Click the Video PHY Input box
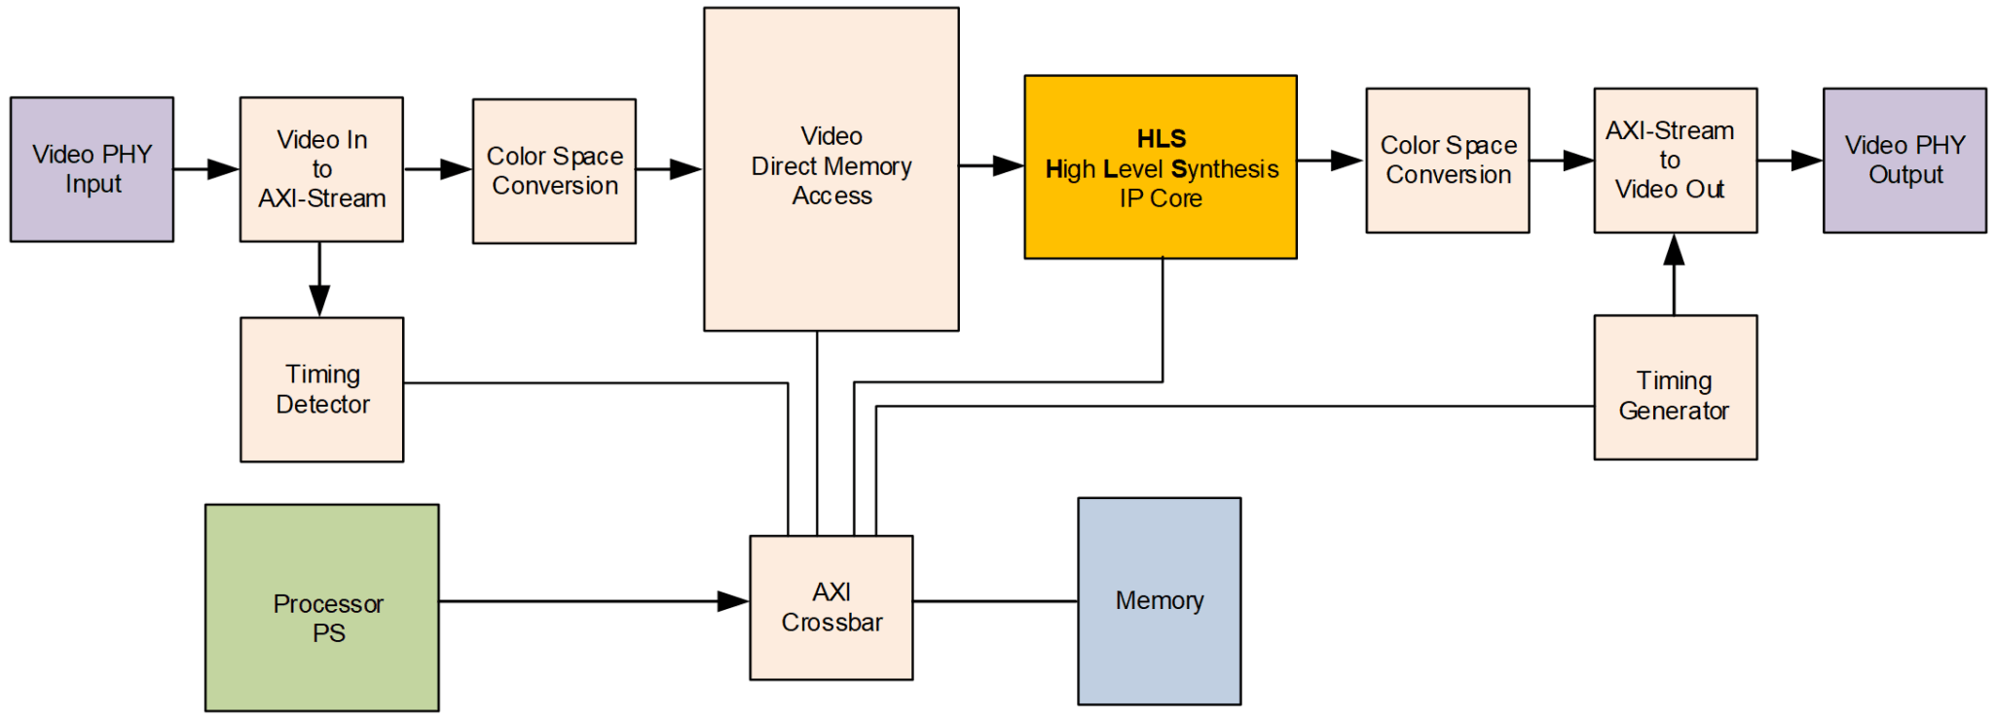pyautogui.click(x=92, y=169)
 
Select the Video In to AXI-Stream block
pyautogui.click(x=321, y=169)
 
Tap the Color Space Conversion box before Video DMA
pyautogui.click(x=554, y=171)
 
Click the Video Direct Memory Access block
pyautogui.click(x=831, y=169)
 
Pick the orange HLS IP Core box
pyautogui.click(x=1160, y=167)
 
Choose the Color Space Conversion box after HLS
pyautogui.click(x=1447, y=161)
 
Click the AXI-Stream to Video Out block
pyautogui.click(x=1675, y=161)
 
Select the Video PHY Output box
pyautogui.click(x=1903, y=161)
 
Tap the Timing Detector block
pyautogui.click(x=321, y=389)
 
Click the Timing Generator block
pyautogui.click(x=1675, y=387)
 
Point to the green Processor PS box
pyautogui.click(x=321, y=607)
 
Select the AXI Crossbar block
pyautogui.click(x=831, y=607)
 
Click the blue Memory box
pyautogui.click(x=1159, y=601)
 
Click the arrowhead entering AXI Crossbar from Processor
pyautogui.click(x=733, y=601)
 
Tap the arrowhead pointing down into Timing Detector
pyautogui.click(x=319, y=301)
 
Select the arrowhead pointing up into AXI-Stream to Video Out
pyautogui.click(x=1674, y=250)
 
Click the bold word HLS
pyautogui.click(x=1161, y=138)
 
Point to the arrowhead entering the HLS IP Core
pyautogui.click(x=1008, y=165)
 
